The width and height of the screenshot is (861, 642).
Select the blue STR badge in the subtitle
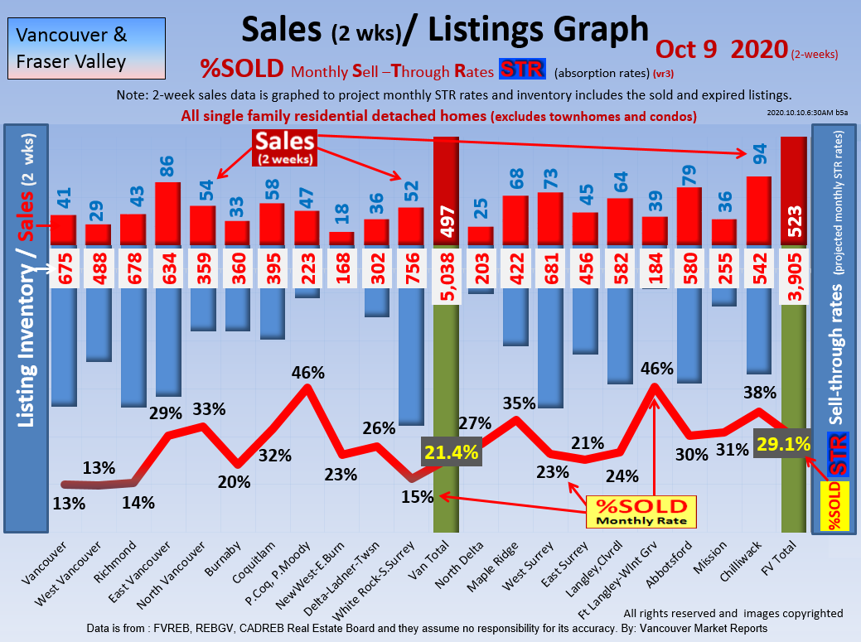521,70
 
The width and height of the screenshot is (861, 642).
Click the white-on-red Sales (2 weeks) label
283,147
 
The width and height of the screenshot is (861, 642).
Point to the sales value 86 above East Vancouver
167,164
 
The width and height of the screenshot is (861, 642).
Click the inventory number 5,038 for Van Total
446,273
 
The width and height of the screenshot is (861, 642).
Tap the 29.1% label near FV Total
782,444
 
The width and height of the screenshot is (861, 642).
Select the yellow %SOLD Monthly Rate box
641,512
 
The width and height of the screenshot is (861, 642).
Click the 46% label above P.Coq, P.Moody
307,373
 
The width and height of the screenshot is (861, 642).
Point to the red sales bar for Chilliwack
759,211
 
